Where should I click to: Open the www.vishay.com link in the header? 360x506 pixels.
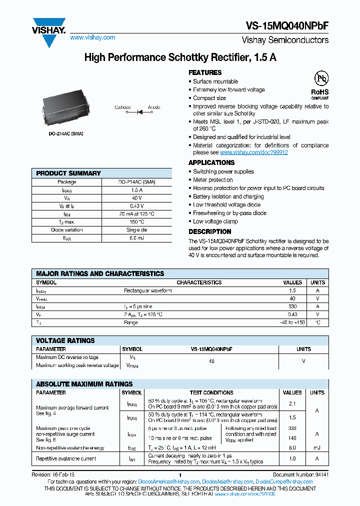coord(92,37)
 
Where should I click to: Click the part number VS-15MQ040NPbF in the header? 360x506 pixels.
coord(287,26)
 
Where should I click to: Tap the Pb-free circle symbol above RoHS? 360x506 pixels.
coord(320,78)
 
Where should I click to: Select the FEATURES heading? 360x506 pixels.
coord(205,72)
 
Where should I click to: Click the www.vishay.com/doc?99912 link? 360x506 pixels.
coord(254,152)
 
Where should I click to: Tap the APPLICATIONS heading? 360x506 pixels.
coord(211,162)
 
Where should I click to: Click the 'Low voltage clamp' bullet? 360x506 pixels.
coord(215,221)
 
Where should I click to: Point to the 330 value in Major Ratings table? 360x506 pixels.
coord(292,306)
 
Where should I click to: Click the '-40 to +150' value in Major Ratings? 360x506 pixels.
coord(292,323)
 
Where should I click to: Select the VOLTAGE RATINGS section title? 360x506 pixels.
coord(65,340)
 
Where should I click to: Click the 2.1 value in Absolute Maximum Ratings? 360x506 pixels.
coord(292,403)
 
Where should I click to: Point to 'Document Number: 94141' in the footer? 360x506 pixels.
coord(299,475)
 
